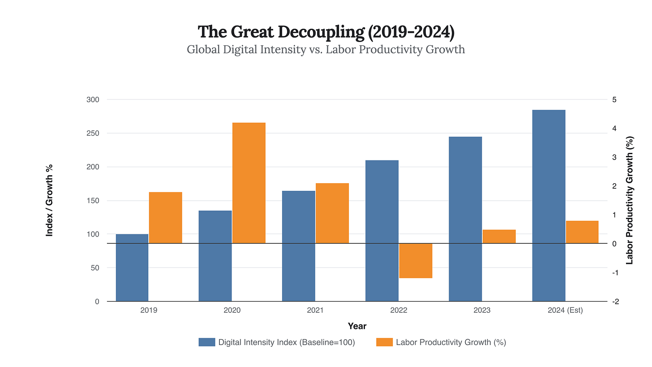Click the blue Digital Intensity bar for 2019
click(132, 268)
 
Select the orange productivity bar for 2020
click(249, 183)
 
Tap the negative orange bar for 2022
click(416, 260)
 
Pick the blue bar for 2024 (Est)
click(549, 205)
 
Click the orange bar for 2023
click(499, 237)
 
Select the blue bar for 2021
click(299, 246)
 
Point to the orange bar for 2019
click(165, 218)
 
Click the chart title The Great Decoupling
click(326, 32)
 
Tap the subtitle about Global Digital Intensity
click(326, 49)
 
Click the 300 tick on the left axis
click(93, 99)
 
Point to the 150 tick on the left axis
click(93, 201)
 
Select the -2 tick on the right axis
click(613, 302)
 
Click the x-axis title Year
click(357, 326)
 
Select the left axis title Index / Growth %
click(50, 200)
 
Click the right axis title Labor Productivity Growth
click(630, 200)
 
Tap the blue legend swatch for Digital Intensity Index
click(207, 342)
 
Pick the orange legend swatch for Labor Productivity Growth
click(385, 342)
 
